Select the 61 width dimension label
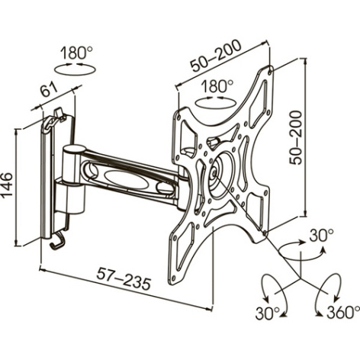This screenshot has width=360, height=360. point(50,90)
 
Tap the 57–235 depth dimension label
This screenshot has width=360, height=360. point(124,279)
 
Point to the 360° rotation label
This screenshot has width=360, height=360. point(343,312)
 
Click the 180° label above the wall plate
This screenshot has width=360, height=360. point(76,53)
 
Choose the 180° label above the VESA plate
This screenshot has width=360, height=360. point(217,86)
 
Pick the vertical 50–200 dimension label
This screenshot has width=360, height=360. point(296,137)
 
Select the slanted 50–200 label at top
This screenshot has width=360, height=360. point(216,56)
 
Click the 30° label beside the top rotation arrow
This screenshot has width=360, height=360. point(321,236)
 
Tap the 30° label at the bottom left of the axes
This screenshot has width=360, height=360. point(268,313)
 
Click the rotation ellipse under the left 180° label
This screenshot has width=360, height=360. point(76,69)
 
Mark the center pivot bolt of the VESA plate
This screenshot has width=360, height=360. point(214,172)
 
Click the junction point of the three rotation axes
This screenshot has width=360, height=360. point(300,278)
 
